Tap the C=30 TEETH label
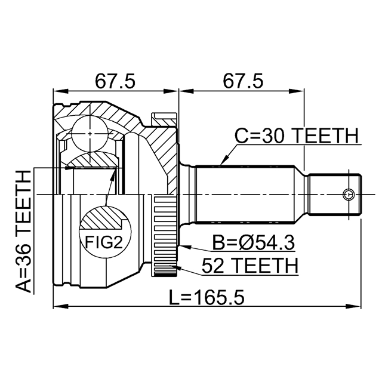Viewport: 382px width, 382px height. (x=296, y=137)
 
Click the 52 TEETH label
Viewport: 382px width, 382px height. (x=249, y=264)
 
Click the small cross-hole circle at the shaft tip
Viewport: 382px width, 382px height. (x=349, y=194)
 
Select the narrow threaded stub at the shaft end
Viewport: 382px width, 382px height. (x=335, y=194)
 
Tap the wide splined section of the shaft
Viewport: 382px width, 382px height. (x=245, y=194)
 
